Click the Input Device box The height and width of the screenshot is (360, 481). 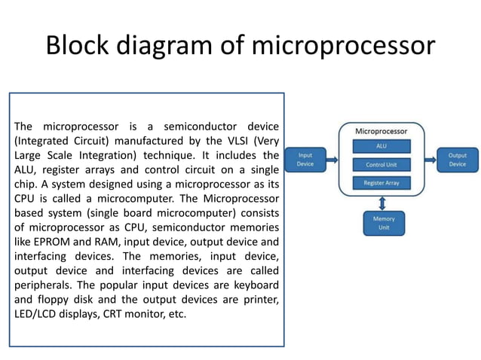[x=305, y=160]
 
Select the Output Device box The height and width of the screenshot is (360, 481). [x=457, y=160]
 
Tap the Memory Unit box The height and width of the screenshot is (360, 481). [x=383, y=223]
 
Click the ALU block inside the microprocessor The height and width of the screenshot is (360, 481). [x=381, y=145]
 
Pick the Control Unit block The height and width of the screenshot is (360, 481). [x=381, y=164]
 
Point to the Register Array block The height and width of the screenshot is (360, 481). [x=381, y=183]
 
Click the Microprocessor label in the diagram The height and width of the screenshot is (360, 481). [x=382, y=131]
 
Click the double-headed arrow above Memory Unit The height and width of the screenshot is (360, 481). [x=383, y=203]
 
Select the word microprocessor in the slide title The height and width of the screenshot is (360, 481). [x=343, y=45]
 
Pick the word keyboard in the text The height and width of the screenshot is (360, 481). [x=254, y=285]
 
